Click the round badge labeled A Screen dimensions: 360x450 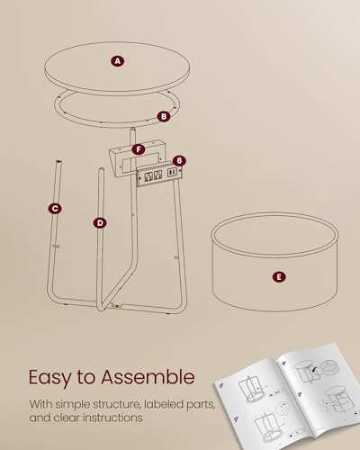(118, 61)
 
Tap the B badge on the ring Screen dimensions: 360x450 (164, 116)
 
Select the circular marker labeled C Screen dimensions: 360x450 (55, 209)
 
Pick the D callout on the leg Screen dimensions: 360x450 (100, 223)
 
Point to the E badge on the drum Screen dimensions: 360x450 (279, 277)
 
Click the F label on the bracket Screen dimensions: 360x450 (139, 149)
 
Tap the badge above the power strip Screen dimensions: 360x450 (179, 161)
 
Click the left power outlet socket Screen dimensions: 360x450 (148, 175)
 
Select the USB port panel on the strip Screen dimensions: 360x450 (172, 173)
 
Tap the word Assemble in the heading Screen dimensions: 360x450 (148, 376)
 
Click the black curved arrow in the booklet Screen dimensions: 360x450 (315, 371)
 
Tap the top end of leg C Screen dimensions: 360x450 (58, 162)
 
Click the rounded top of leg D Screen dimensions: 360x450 (102, 169)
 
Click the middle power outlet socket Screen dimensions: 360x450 (158, 175)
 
